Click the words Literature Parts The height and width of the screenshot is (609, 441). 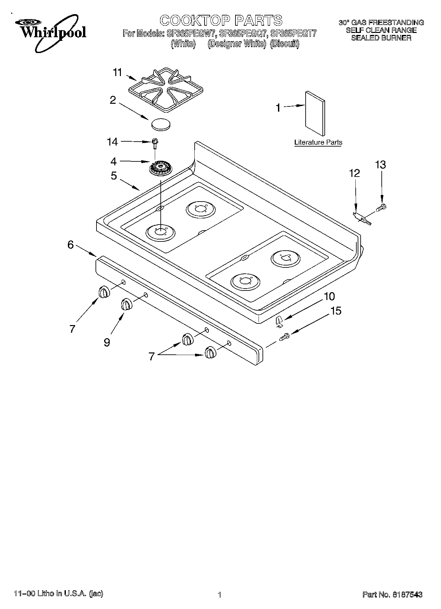(x=318, y=142)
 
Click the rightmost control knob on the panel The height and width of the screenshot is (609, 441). (x=210, y=353)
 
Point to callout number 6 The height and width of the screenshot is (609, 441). (x=70, y=245)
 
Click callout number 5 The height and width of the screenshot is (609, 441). (x=114, y=176)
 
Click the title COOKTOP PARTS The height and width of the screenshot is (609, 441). (x=221, y=20)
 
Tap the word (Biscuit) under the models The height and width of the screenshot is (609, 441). (x=285, y=44)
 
